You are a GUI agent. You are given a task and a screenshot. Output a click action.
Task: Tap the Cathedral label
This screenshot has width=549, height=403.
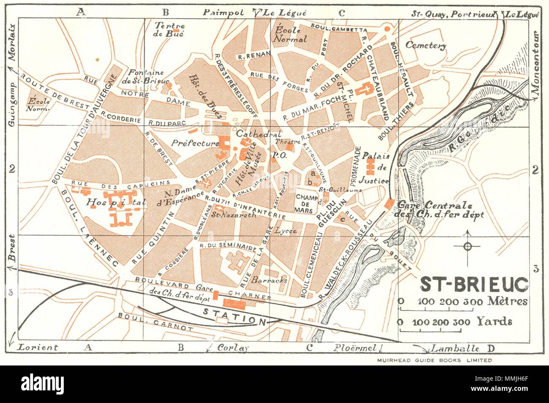tap(253, 134)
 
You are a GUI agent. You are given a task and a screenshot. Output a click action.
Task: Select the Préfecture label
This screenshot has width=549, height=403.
tap(195, 143)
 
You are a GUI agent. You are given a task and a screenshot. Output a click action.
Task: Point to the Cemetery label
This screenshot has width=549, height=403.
tap(426, 46)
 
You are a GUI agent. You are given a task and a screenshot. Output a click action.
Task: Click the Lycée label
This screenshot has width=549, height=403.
tap(285, 231)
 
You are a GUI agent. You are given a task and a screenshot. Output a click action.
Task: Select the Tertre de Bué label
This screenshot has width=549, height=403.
tap(169, 30)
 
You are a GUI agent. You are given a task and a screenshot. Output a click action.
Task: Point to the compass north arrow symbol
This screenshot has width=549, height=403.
tap(467, 246)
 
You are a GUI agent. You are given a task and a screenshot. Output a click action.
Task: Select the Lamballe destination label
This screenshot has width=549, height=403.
tap(454, 348)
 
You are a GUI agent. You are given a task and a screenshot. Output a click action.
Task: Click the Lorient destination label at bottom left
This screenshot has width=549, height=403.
tap(37, 348)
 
